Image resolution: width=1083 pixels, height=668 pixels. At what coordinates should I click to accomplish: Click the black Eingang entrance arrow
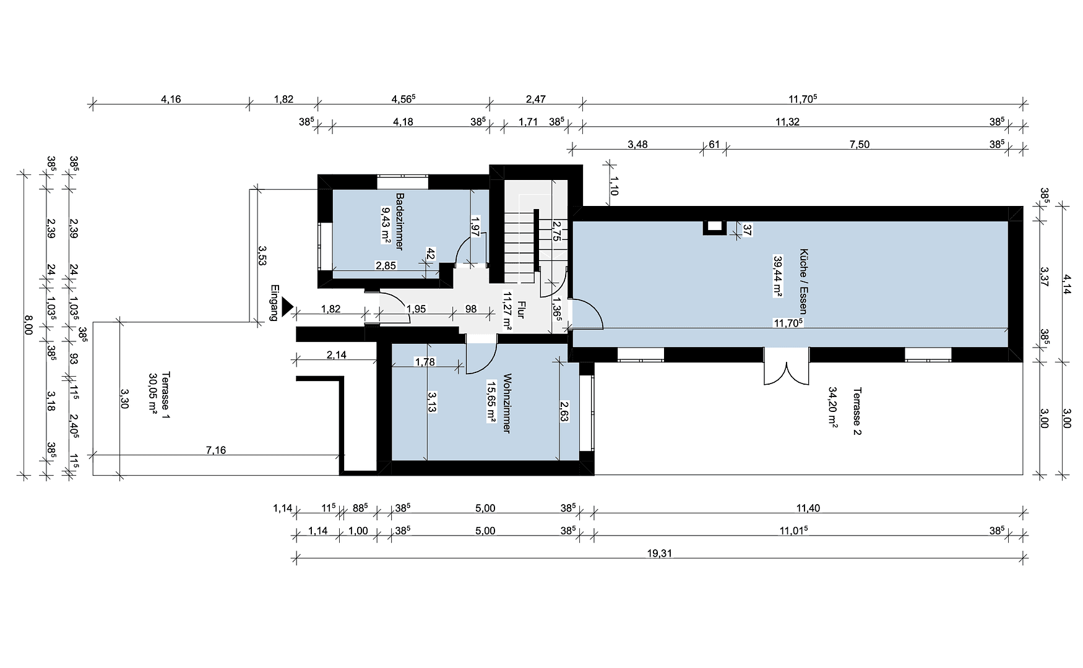[x=287, y=307]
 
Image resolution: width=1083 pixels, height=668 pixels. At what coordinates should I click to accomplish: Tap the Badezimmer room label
[x=399, y=221]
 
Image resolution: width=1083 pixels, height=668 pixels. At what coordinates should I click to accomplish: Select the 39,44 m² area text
[x=777, y=276]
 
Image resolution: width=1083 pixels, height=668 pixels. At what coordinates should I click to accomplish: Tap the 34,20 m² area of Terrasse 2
[x=833, y=408]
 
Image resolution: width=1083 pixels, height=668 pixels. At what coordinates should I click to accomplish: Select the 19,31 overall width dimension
[x=659, y=554]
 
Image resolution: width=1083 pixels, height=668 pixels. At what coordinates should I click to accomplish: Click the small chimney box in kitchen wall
[x=715, y=228]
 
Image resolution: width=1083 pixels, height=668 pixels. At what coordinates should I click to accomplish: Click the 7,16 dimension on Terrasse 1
[x=215, y=450]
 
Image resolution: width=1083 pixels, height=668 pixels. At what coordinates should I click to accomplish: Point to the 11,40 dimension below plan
[x=808, y=508]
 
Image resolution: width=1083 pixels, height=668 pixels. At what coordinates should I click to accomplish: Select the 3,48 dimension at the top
[x=637, y=145]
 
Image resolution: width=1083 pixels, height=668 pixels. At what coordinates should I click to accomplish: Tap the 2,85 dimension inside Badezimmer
[x=386, y=266]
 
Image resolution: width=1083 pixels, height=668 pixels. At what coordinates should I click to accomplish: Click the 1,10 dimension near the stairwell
[x=613, y=186]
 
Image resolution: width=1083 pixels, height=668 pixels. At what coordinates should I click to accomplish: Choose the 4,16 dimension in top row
[x=171, y=99]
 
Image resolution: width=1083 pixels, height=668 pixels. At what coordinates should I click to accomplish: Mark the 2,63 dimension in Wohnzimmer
[x=564, y=411]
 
